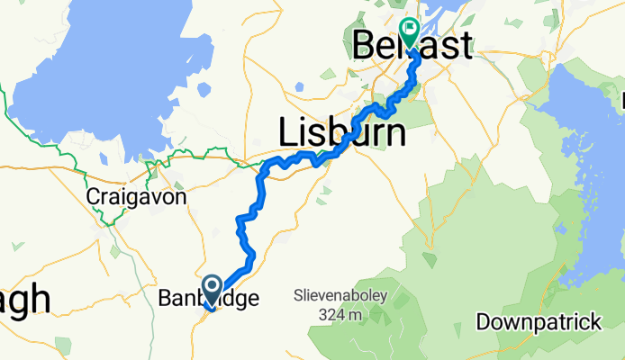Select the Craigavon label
[124, 196]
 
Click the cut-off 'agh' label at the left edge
[24, 300]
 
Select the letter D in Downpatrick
[483, 321]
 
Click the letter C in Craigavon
[92, 196]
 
